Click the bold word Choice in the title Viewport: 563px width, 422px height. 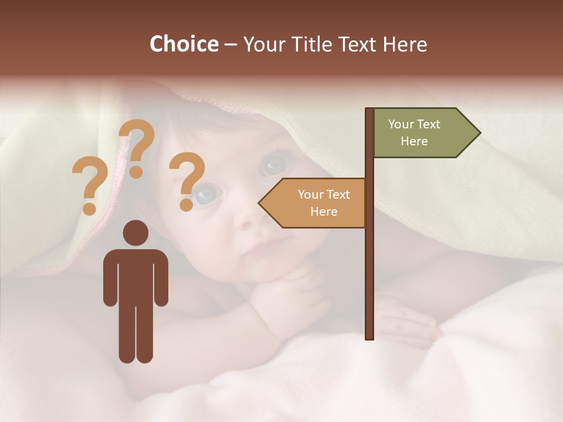pos(184,45)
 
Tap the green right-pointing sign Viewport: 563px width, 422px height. pos(425,133)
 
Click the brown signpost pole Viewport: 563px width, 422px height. pos(369,264)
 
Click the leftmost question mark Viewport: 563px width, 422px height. pos(89,186)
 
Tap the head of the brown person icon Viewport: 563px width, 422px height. pos(135,233)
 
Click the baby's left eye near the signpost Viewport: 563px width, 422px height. pos(272,164)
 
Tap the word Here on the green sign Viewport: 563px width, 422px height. pos(414,141)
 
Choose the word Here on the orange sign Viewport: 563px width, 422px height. pos(324,212)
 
